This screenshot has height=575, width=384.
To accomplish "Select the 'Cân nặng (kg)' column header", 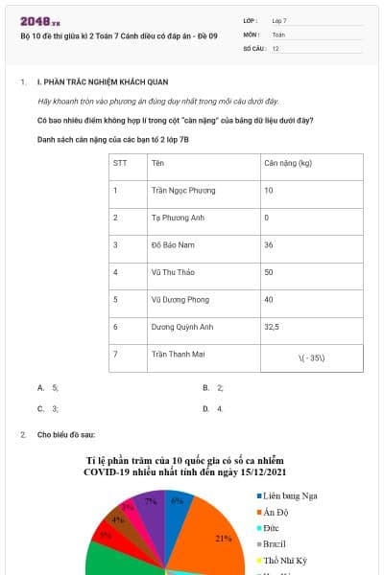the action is click(x=287, y=163).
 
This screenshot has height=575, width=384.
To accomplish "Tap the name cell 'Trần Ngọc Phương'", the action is click(x=183, y=190).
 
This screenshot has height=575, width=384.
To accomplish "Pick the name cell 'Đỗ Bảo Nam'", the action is click(x=173, y=244).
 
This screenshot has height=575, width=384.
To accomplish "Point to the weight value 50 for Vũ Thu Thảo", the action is click(x=269, y=272).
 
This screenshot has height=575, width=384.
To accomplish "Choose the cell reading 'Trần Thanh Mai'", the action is click(x=179, y=354).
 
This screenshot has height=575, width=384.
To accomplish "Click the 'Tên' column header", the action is click(x=157, y=163).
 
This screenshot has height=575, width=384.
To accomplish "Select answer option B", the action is click(x=213, y=387).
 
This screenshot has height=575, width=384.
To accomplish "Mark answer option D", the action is click(x=213, y=408).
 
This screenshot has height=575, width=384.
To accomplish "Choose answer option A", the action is click(x=48, y=387).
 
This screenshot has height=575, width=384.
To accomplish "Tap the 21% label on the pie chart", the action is click(x=224, y=539).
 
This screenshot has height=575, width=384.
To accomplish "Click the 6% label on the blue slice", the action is click(x=177, y=500).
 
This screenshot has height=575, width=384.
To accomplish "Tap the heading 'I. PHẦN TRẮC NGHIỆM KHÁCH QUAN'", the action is click(x=95, y=83).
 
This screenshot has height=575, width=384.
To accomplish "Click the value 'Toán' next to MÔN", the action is click(x=278, y=34).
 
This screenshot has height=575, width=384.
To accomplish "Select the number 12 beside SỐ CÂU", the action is click(x=276, y=48).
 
